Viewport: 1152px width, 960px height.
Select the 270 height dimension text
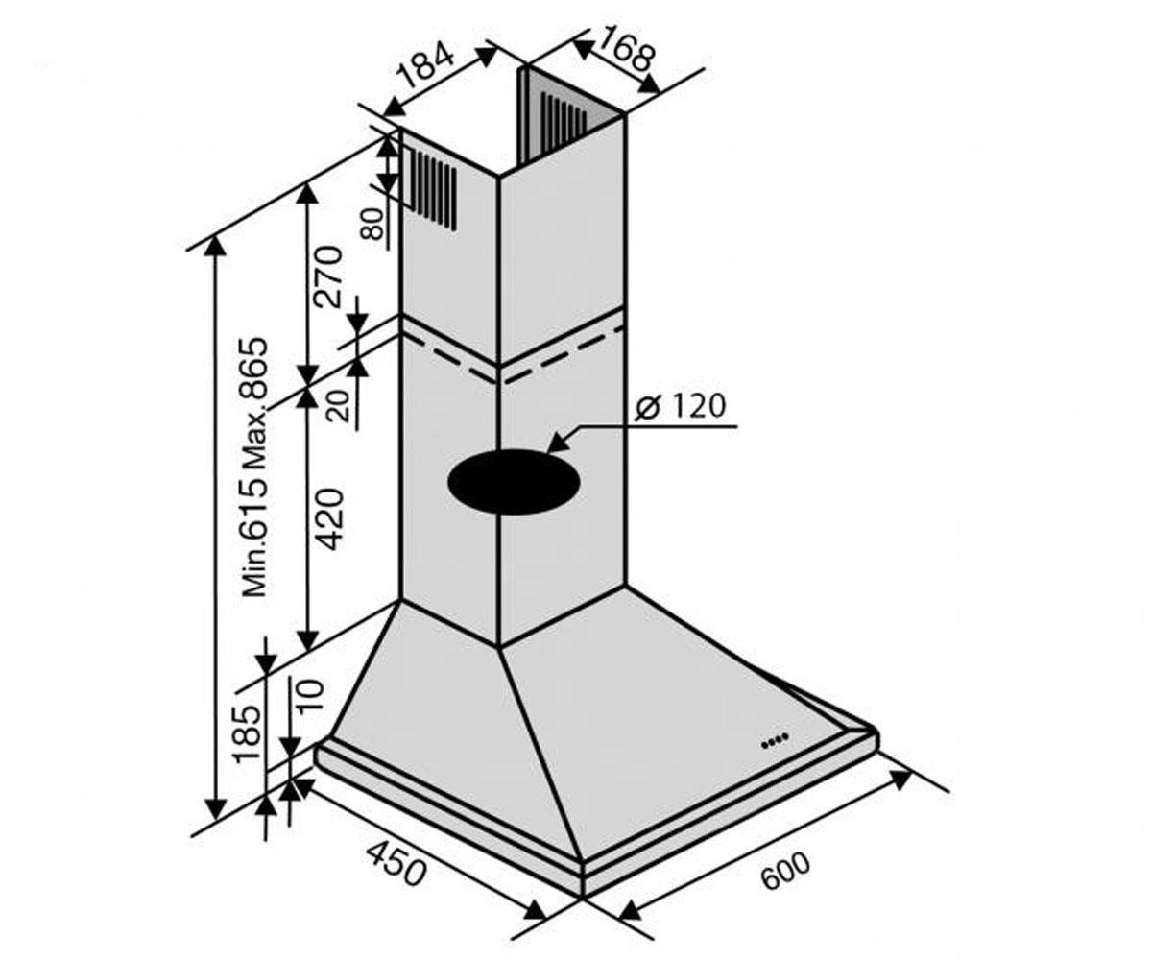point(327,276)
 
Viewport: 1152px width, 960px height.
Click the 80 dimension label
point(373,224)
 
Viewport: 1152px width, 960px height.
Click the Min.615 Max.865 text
point(254,467)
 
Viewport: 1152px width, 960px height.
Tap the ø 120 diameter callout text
point(680,406)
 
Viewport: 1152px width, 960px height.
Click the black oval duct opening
point(514,482)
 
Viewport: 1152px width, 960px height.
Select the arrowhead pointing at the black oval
point(560,441)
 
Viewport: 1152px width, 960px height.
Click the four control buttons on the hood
point(775,740)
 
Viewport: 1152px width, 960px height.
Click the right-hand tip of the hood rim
point(877,735)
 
